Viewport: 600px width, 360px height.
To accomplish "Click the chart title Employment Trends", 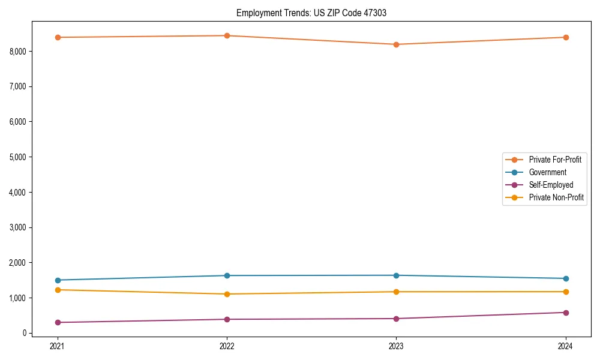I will point(311,13).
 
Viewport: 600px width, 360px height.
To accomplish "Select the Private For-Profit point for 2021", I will point(58,37).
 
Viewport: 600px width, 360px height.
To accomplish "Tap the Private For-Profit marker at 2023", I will point(396,44).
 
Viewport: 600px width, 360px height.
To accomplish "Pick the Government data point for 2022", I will point(227,275).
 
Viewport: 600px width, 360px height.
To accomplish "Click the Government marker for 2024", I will point(566,278).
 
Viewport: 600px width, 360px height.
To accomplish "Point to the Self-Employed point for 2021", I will point(58,322).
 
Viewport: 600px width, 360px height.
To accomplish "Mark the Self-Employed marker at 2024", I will point(566,313).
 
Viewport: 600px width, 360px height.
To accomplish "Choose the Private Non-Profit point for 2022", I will point(227,294).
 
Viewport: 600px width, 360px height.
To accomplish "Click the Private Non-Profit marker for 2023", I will point(396,292).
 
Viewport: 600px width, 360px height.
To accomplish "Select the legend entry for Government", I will point(547,172).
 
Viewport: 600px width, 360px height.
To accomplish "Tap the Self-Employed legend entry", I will point(551,185).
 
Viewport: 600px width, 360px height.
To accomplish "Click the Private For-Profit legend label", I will point(554,160).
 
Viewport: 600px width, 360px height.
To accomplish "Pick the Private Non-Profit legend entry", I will point(556,197).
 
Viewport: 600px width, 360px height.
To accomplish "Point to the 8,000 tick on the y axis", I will point(19,52).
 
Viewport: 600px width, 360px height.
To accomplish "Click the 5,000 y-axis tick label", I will point(19,157).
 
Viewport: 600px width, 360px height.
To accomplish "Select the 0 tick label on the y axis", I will point(25,333).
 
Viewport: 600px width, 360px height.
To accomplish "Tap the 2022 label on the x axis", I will point(227,346).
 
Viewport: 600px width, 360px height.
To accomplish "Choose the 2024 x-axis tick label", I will point(566,346).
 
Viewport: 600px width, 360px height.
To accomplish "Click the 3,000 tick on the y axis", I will point(19,227).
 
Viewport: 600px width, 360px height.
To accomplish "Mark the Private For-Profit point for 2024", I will point(566,37).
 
